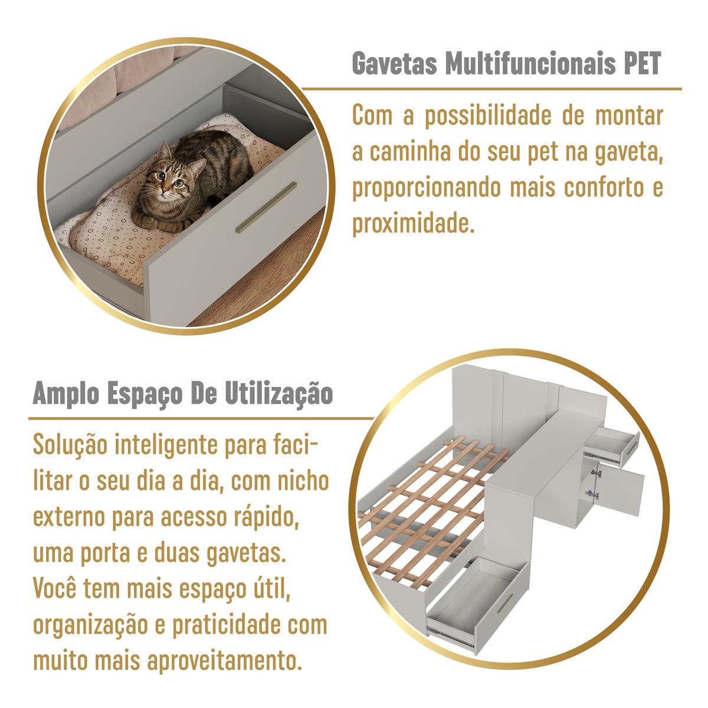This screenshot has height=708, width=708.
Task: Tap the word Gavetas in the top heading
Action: coord(395,64)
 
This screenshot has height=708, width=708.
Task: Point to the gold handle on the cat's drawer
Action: coord(266,207)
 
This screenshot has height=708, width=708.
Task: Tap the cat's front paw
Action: coord(146,219)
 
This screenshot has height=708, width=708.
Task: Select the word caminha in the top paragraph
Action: coord(409,152)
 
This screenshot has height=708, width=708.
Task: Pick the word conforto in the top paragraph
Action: coord(604,188)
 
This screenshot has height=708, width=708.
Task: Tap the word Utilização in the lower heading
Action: coord(279,395)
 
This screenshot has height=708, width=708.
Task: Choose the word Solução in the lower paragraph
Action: coord(70,445)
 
